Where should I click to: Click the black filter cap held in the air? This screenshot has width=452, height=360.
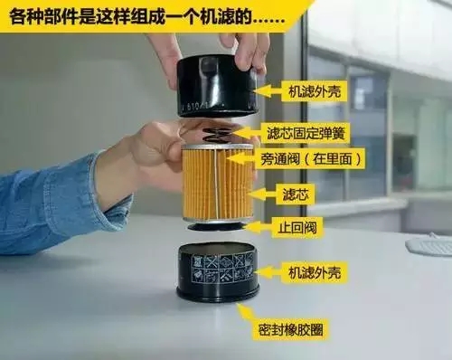click(x=216, y=86)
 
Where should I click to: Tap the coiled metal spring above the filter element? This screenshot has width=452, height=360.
click(x=215, y=136)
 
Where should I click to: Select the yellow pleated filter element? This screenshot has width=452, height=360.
click(x=217, y=184)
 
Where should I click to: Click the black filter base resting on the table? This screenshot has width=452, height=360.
click(x=217, y=271)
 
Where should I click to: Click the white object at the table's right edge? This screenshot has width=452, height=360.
click(x=430, y=244)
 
